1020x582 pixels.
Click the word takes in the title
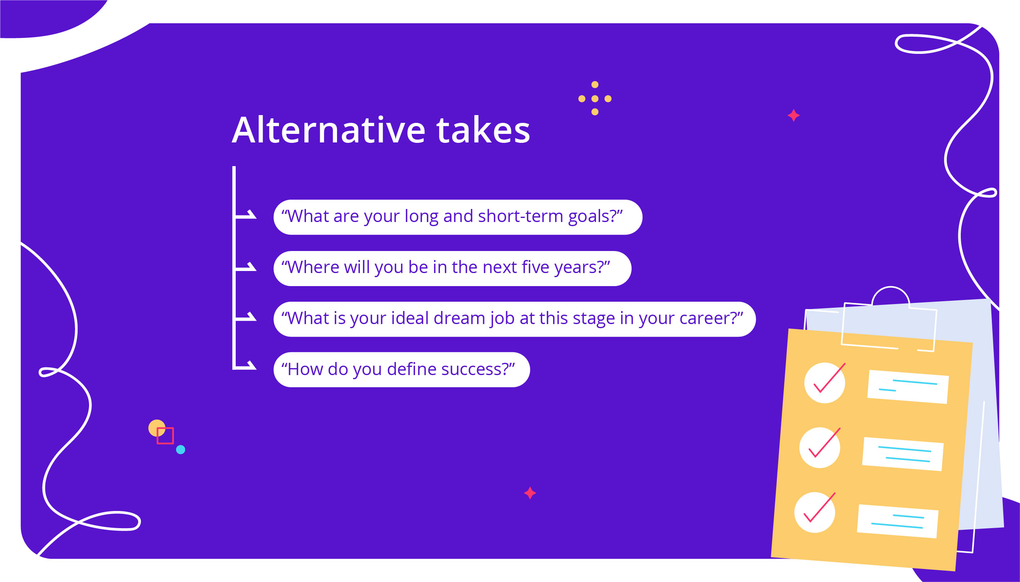coord(483,130)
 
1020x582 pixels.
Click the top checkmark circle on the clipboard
coord(824,383)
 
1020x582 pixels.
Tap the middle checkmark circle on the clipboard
coord(819,448)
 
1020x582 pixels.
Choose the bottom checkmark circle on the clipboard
coord(815,512)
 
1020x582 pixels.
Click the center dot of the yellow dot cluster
coord(595,99)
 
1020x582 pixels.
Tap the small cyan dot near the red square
coord(181,449)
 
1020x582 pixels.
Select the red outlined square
coord(165,435)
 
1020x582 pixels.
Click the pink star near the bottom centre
coord(530,493)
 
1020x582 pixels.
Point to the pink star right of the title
coord(793,116)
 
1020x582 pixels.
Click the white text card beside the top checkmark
coord(908,387)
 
